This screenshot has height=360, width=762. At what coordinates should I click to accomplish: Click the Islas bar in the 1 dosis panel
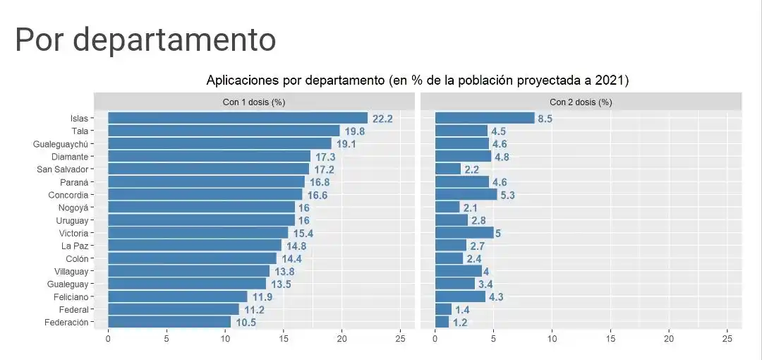pos(238,119)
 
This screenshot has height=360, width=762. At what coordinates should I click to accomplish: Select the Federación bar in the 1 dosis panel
pos(169,322)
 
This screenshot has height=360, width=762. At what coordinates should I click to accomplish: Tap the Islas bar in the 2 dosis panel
pos(485,119)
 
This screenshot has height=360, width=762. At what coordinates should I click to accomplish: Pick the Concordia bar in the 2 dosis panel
pos(466,195)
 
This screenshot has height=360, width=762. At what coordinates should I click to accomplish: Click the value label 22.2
pos(382,119)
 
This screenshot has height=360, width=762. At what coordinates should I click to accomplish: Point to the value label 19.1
pos(346,144)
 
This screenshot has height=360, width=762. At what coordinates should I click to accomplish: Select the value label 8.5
pos(545,119)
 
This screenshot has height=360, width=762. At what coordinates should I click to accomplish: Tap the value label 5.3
pos(507,195)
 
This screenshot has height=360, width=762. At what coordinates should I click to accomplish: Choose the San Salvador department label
pos(62,169)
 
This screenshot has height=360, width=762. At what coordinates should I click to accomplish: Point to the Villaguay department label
pos(71,271)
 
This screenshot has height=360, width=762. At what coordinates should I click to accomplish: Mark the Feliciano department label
pos(71,296)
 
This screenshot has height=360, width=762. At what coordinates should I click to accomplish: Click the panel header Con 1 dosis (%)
pos(254,102)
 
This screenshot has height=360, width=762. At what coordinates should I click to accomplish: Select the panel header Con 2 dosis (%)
pos(581,102)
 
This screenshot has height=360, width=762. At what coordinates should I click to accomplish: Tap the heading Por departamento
pos(145,40)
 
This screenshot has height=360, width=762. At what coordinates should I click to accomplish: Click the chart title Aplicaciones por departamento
pos(417,80)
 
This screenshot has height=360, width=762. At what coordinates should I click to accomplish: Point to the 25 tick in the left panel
pos(400,339)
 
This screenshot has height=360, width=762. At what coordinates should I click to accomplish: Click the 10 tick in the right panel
pos(552,339)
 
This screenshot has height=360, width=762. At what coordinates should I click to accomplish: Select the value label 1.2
pos(460,322)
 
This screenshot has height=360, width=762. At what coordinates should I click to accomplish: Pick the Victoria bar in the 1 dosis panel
pos(198,233)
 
